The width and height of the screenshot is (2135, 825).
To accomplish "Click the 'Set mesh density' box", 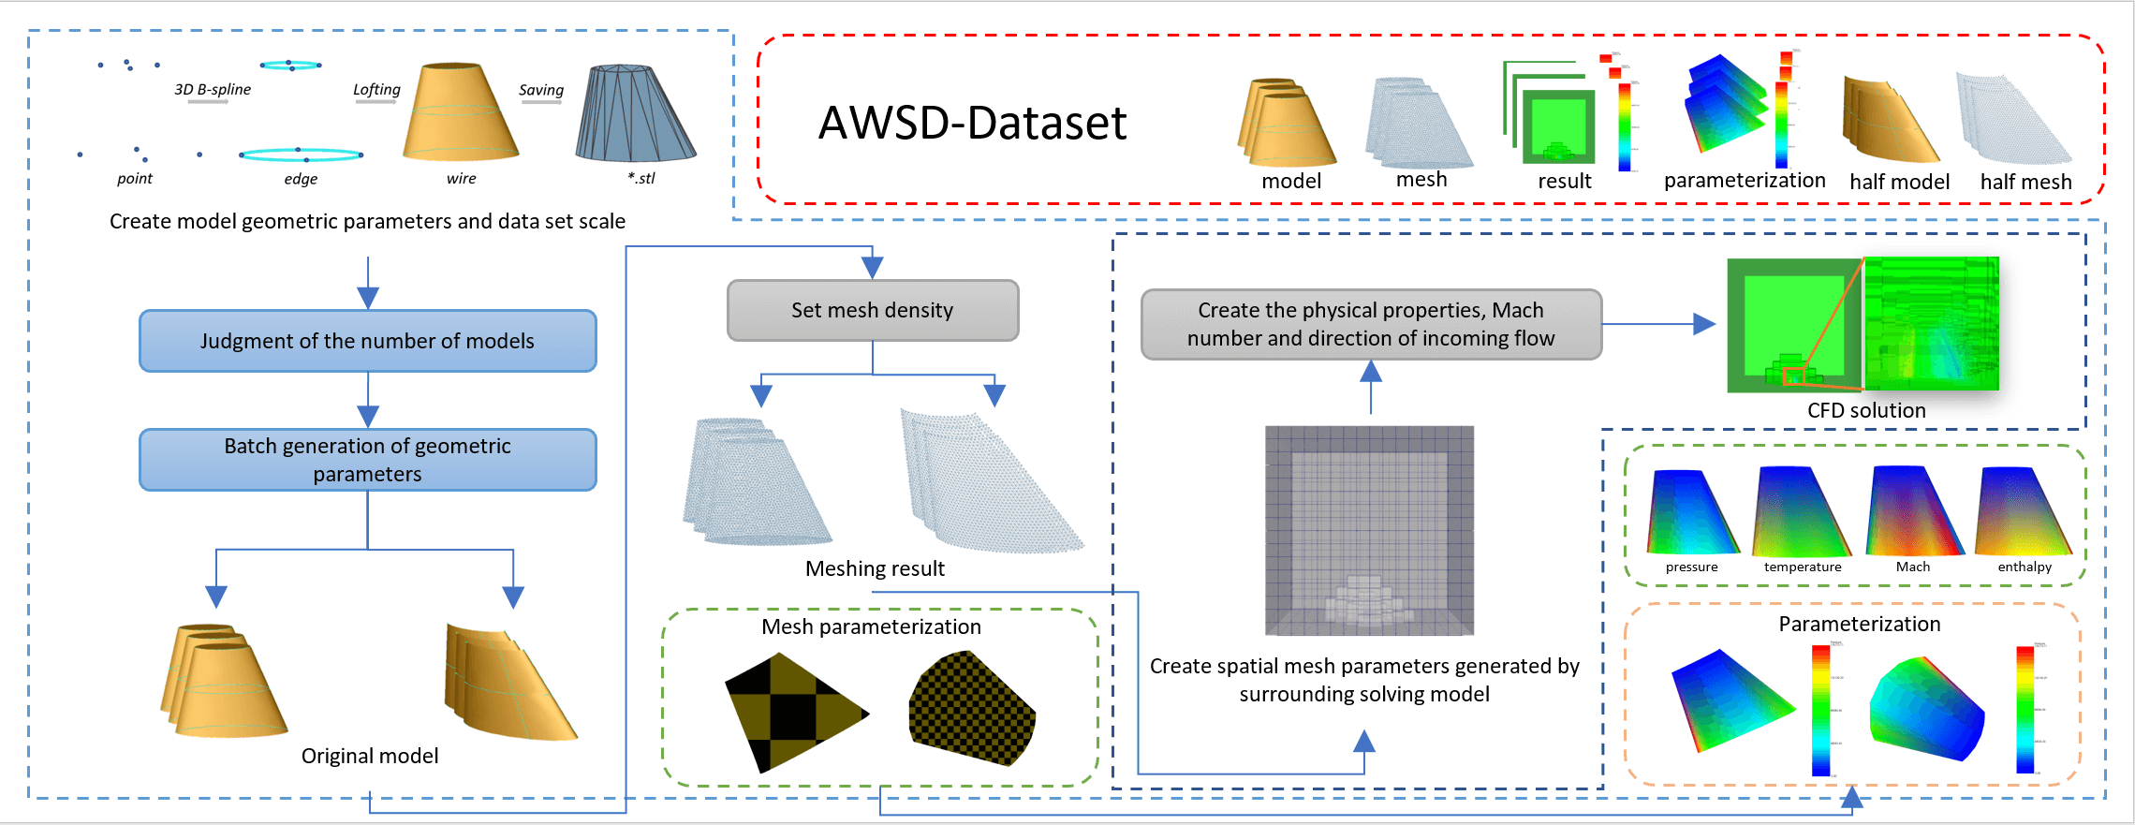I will (872, 310).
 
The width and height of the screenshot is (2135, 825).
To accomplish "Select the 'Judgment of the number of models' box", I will (367, 341).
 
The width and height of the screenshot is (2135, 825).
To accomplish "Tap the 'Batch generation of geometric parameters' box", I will (367, 460).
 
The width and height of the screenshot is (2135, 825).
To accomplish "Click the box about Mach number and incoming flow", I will (1371, 324).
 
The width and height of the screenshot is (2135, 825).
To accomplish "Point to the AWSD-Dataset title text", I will (972, 123).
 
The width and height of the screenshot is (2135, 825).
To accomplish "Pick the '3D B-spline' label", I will (213, 89).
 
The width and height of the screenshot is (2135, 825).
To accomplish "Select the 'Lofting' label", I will (376, 89).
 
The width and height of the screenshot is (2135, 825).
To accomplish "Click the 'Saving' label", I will (541, 90).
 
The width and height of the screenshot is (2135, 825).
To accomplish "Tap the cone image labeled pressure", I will (1691, 512).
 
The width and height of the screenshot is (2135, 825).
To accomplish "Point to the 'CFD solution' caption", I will (1865, 410).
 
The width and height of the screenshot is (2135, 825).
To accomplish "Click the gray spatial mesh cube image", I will (1369, 530).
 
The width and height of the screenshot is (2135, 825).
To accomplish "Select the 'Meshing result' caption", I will (875, 568).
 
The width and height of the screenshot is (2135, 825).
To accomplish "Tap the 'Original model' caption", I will (370, 756).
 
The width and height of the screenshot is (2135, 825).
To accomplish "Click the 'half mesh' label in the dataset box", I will (2025, 182).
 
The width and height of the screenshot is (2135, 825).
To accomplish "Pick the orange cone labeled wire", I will (460, 112).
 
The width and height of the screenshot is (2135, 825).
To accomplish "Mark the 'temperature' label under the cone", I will (1802, 567).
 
